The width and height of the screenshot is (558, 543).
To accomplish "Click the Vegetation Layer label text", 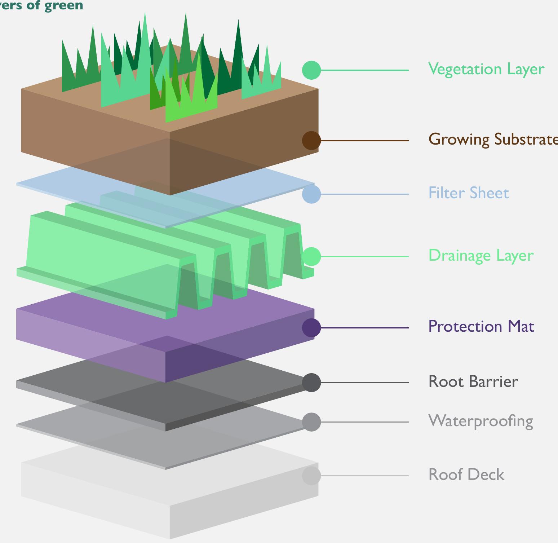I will pyautogui.click(x=486, y=69).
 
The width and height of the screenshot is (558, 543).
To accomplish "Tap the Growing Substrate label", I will pyautogui.click(x=492, y=140).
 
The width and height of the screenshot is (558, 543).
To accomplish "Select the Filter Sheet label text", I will pyautogui.click(x=468, y=193).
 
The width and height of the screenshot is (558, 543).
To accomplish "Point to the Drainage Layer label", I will pyautogui.click(x=480, y=256).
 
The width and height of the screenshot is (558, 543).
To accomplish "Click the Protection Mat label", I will pyautogui.click(x=481, y=327).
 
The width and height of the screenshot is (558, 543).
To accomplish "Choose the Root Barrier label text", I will pyautogui.click(x=473, y=382).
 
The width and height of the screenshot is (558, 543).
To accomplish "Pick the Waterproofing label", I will pyautogui.click(x=480, y=421).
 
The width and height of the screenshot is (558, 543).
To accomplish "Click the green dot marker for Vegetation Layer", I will pyautogui.click(x=311, y=70).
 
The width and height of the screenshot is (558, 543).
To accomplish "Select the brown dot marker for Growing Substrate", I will pyautogui.click(x=311, y=140).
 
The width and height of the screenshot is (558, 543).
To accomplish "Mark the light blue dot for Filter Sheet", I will pyautogui.click(x=311, y=194).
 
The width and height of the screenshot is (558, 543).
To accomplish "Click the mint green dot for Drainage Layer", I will pyautogui.click(x=311, y=256).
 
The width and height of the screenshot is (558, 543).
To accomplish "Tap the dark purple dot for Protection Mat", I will pyautogui.click(x=311, y=328).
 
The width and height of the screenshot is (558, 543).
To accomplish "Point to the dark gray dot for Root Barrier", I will pyautogui.click(x=311, y=383).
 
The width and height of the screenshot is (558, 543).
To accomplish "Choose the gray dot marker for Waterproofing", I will pyautogui.click(x=311, y=422).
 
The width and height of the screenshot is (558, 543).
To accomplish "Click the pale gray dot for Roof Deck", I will pyautogui.click(x=311, y=476).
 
